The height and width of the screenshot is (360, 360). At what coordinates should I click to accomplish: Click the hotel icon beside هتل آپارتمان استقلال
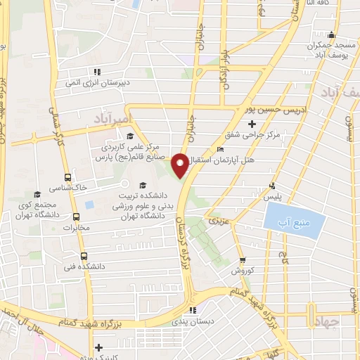click(x=220, y=148)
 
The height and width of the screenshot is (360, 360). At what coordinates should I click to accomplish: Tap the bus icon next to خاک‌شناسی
click(x=67, y=178)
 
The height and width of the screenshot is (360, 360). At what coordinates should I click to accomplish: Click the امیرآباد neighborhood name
click(x=111, y=120)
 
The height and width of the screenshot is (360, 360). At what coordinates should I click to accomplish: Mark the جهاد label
click(x=345, y=321)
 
